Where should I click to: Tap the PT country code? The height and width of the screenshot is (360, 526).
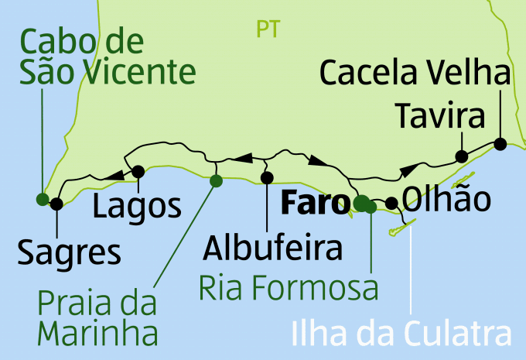[268, 29]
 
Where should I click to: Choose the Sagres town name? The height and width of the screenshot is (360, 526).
[70, 252]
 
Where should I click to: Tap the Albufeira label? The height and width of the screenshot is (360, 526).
[272, 249]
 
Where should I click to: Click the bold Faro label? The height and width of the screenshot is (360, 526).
[313, 204]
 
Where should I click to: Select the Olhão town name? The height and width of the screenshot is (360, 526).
[446, 200]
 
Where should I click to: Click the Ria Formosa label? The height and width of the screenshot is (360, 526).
[289, 288]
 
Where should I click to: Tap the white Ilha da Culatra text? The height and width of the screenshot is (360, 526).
[401, 335]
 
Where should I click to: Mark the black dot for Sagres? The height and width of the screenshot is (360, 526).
[56, 204]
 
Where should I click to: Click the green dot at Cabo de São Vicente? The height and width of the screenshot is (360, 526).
[43, 198]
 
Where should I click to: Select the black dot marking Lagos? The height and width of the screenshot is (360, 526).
[138, 171]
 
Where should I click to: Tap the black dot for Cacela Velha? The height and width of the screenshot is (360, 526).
[500, 143]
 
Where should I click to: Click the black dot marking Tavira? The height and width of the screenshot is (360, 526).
[462, 156]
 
